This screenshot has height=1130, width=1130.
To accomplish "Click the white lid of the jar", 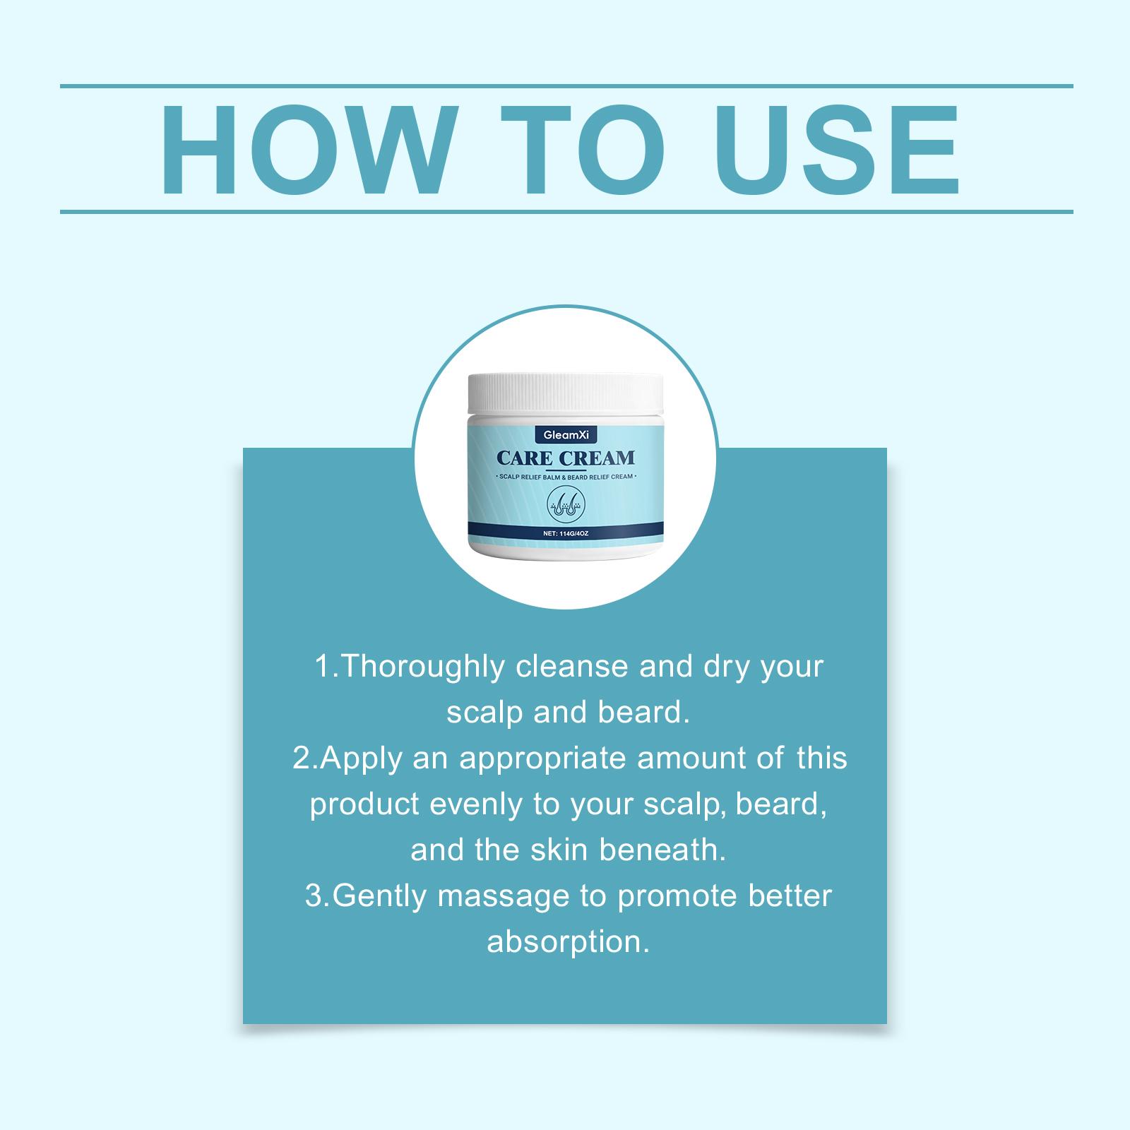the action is coord(566,396).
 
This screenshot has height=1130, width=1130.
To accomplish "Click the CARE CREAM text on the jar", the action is coord(566,458).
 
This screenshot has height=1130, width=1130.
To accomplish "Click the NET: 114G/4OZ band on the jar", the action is coord(566,533).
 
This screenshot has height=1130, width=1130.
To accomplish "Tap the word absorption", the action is coord(568,943).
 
